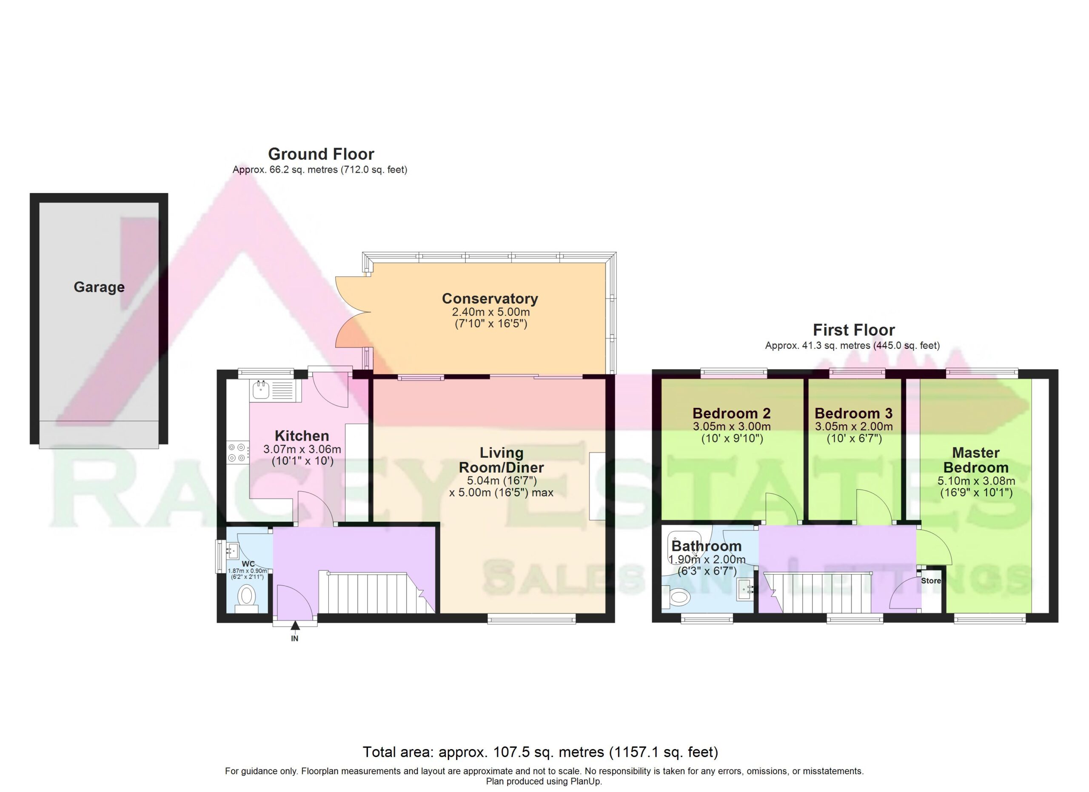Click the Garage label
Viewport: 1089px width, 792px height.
click(99, 287)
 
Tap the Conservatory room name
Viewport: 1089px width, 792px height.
click(490, 299)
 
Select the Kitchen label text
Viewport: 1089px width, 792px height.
click(302, 436)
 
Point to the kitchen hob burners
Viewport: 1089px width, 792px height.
click(238, 453)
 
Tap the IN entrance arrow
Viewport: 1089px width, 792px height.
click(295, 625)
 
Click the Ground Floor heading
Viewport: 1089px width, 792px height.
click(321, 154)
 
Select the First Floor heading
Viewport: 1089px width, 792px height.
click(854, 330)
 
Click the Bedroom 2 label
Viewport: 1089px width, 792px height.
click(731, 413)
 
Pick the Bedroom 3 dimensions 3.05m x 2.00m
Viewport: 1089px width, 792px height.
click(853, 427)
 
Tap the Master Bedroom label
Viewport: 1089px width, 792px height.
click(976, 460)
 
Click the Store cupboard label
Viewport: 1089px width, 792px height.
click(931, 581)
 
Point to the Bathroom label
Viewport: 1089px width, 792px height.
click(706, 546)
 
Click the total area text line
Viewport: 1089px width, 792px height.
click(540, 752)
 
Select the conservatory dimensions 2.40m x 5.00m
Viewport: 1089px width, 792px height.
click(491, 313)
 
